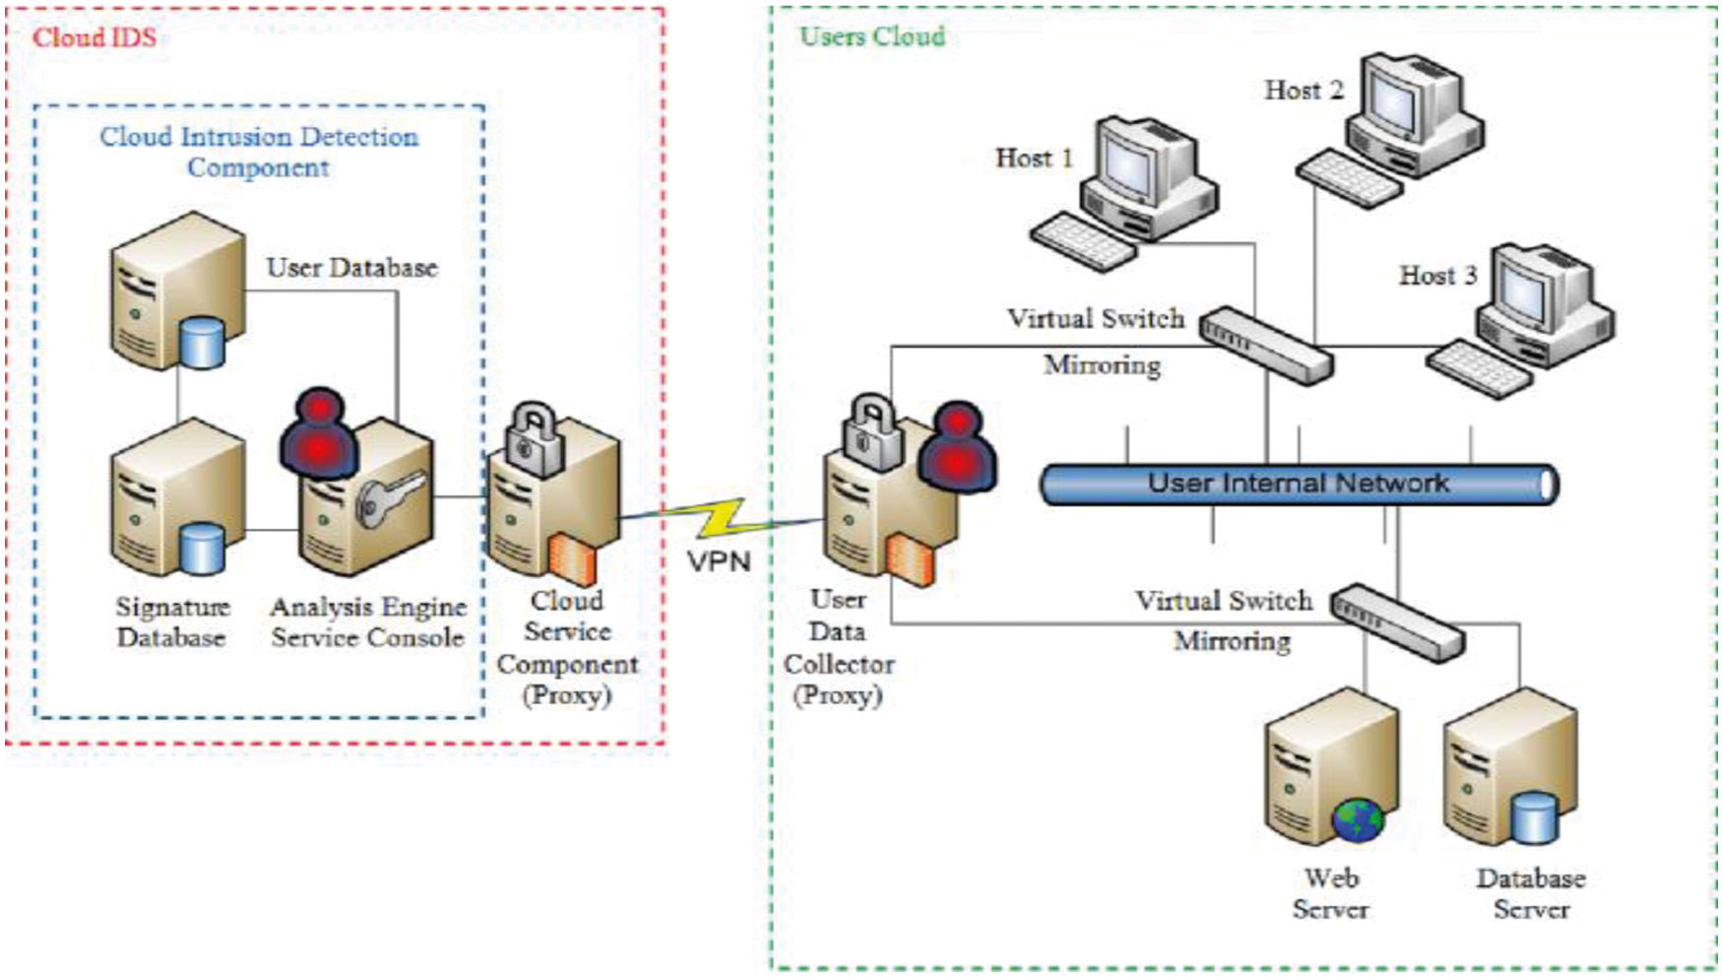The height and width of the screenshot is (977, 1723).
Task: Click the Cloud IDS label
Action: [x=94, y=38]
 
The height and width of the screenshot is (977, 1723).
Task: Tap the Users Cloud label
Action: [x=872, y=36]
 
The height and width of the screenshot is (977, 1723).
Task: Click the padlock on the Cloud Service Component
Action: [x=534, y=435]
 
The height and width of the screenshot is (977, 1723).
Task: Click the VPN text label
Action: [x=719, y=561]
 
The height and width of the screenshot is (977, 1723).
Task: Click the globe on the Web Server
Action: [x=1358, y=818]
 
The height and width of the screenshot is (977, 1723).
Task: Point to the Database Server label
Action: [x=1530, y=893]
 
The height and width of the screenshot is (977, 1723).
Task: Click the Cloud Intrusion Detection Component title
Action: [x=258, y=152]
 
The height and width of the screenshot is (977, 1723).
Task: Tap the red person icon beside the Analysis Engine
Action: [x=319, y=433]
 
